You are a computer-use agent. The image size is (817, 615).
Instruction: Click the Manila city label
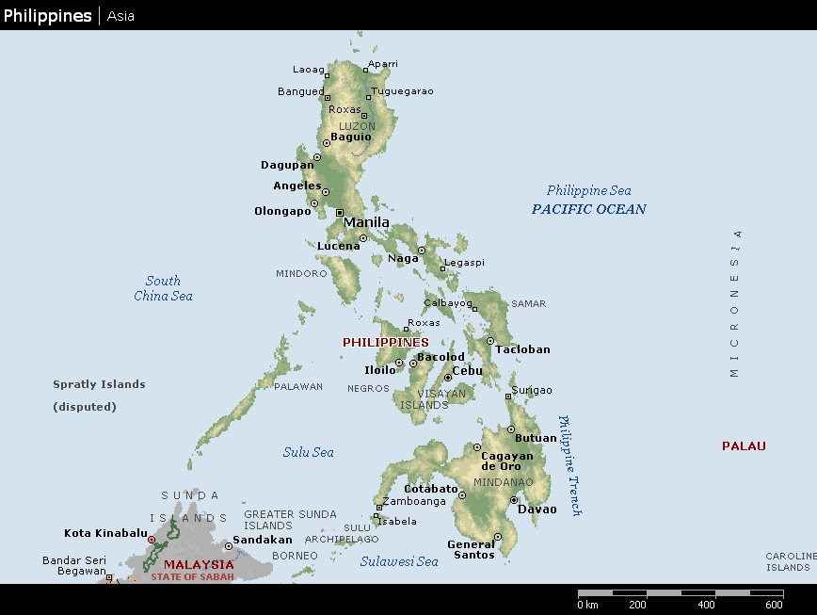click(x=366, y=223)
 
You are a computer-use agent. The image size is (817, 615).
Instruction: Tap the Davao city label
click(x=537, y=510)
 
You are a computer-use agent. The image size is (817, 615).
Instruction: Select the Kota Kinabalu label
click(x=105, y=533)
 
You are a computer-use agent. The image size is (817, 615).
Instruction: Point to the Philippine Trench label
click(x=570, y=465)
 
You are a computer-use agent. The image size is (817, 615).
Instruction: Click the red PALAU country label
click(x=744, y=446)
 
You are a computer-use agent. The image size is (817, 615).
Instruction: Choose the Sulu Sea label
click(x=308, y=452)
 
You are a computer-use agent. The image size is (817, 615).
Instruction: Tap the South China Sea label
click(x=163, y=288)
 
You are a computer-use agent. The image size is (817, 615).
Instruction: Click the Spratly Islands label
click(x=99, y=384)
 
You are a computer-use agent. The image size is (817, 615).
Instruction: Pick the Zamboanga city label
click(x=415, y=501)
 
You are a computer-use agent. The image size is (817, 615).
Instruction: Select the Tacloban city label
click(x=522, y=349)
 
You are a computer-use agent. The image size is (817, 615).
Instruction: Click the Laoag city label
click(x=308, y=70)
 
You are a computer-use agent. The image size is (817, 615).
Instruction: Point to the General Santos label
click(x=471, y=549)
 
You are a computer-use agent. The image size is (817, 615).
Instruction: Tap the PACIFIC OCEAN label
click(x=589, y=209)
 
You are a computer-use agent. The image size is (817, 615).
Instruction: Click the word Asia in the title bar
click(x=120, y=16)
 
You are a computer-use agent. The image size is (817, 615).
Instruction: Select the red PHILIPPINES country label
click(x=385, y=343)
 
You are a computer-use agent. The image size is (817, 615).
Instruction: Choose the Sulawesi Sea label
click(x=399, y=561)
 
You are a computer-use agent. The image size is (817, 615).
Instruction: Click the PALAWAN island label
click(x=298, y=387)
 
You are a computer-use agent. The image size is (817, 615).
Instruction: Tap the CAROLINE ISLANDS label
click(x=789, y=561)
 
